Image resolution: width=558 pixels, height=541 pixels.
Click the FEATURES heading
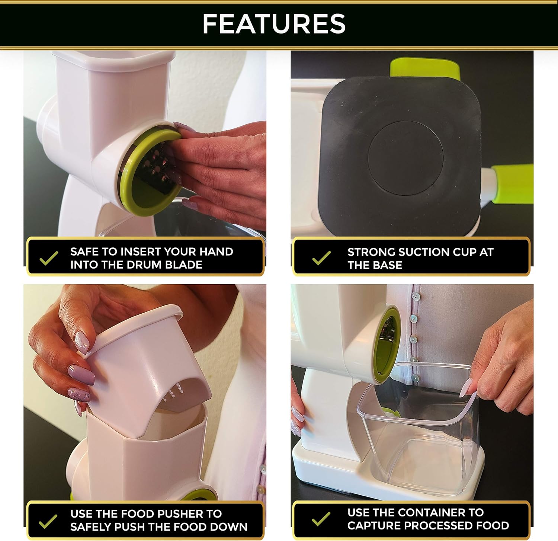click(274, 24)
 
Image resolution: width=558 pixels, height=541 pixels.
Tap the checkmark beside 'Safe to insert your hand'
click(49, 258)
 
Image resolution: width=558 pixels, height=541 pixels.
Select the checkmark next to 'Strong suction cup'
click(321, 258)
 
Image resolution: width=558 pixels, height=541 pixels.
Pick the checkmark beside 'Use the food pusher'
click(48, 521)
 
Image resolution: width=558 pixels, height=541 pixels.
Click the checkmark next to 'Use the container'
click(321, 519)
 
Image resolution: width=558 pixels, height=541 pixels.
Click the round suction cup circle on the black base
click(405, 158)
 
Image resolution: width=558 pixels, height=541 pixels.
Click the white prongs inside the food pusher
click(175, 392)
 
